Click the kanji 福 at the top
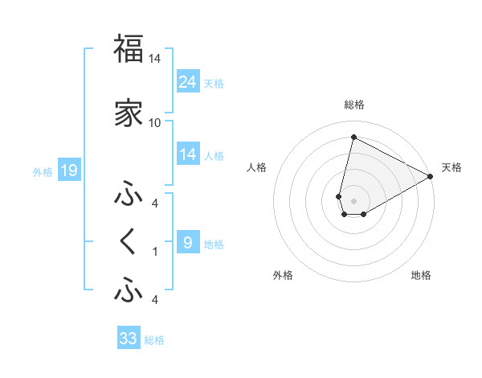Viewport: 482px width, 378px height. tap(129, 49)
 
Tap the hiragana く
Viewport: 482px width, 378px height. tap(129, 242)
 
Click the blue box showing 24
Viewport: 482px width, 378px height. tap(188, 82)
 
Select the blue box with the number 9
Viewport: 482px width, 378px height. tap(188, 243)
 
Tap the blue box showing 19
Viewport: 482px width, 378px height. tap(69, 171)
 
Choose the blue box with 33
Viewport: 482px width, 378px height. tap(129, 339)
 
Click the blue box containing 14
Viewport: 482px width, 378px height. tap(188, 154)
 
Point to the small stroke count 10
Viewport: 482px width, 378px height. tap(154, 122)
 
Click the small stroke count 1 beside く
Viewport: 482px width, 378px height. tap(155, 252)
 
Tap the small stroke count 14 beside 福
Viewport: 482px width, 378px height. tap(154, 59)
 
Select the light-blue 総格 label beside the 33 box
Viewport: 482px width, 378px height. tap(155, 340)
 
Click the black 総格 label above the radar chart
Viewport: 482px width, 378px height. tap(353, 105)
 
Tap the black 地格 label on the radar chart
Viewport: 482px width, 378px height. tap(421, 275)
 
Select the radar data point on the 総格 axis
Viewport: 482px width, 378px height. tap(353, 137)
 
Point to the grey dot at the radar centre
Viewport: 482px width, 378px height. tap(353, 200)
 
